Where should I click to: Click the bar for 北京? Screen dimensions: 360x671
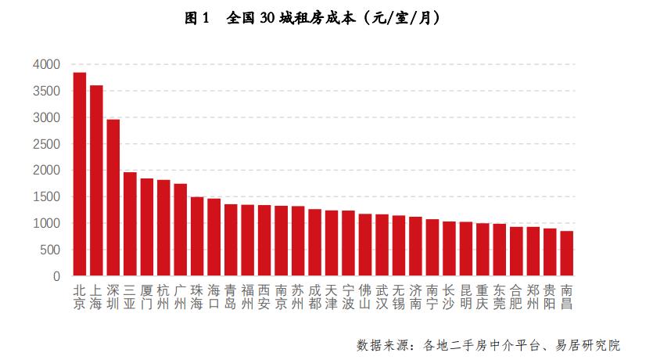point(79,175)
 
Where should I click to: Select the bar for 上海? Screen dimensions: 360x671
point(96,181)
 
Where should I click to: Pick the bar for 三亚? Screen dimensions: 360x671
point(130,225)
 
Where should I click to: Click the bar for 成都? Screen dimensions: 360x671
point(314,243)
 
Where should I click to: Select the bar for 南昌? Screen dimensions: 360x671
point(566,254)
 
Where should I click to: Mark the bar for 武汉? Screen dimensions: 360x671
point(382,246)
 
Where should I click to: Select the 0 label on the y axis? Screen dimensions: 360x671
point(56,277)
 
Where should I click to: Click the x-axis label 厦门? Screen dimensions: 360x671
point(146,297)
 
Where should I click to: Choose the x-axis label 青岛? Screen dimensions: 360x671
point(231,297)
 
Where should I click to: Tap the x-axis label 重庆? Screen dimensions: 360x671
point(483,297)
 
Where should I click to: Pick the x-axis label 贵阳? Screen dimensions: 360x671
point(550,297)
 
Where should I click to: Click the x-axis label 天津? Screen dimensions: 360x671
point(332,297)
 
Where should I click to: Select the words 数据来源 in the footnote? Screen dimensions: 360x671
point(381,345)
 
